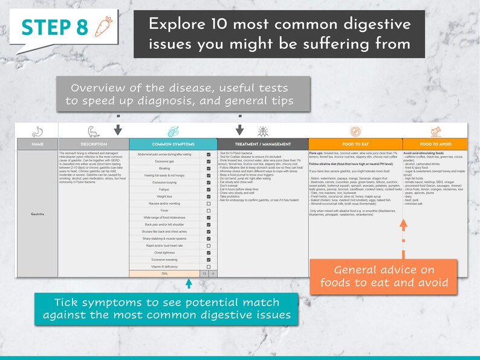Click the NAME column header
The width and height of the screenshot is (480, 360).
click(37, 144)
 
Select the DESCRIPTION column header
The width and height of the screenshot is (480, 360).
click(94, 144)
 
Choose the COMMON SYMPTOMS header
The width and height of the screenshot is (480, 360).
click(173, 144)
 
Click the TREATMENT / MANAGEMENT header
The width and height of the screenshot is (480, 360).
click(262, 144)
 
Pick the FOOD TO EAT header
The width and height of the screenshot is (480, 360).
click(355, 144)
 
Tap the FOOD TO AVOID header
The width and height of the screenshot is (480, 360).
click(435, 144)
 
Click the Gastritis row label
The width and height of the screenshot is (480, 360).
click(37, 214)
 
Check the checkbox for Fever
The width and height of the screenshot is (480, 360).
click(209, 211)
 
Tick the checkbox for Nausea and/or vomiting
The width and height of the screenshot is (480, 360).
click(209, 204)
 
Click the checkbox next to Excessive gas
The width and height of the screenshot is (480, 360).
click(209, 161)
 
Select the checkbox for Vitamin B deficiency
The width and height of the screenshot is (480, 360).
click(209, 266)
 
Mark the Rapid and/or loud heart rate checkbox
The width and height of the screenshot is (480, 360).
click(209, 246)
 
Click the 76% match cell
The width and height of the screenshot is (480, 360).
click(164, 274)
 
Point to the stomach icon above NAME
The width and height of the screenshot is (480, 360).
click(37, 131)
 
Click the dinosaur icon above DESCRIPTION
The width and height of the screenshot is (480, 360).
click(94, 131)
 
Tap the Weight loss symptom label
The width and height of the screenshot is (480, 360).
click(164, 196)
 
